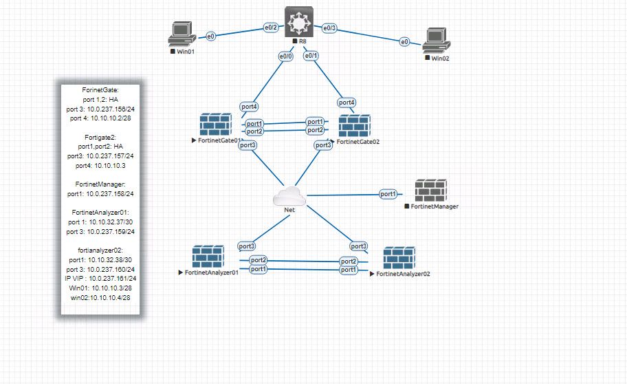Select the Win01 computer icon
pos(181,35)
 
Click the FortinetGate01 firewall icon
pos(216,124)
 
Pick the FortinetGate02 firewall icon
pos(354,126)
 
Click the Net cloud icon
pos(289,196)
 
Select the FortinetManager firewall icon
pos(430,191)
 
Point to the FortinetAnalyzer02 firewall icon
pos(399,258)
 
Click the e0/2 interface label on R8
pos(271,28)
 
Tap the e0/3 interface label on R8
pos(330,28)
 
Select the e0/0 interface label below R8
pos(286,56)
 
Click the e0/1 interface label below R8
pos(311,56)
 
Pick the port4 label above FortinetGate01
pos(249,106)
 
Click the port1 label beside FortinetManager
pos(388,194)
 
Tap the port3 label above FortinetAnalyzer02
pos(359,246)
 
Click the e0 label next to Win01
pos(211,34)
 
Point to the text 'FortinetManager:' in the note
pos(100,184)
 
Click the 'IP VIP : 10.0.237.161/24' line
pos(100,279)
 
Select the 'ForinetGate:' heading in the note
pos(100,90)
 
